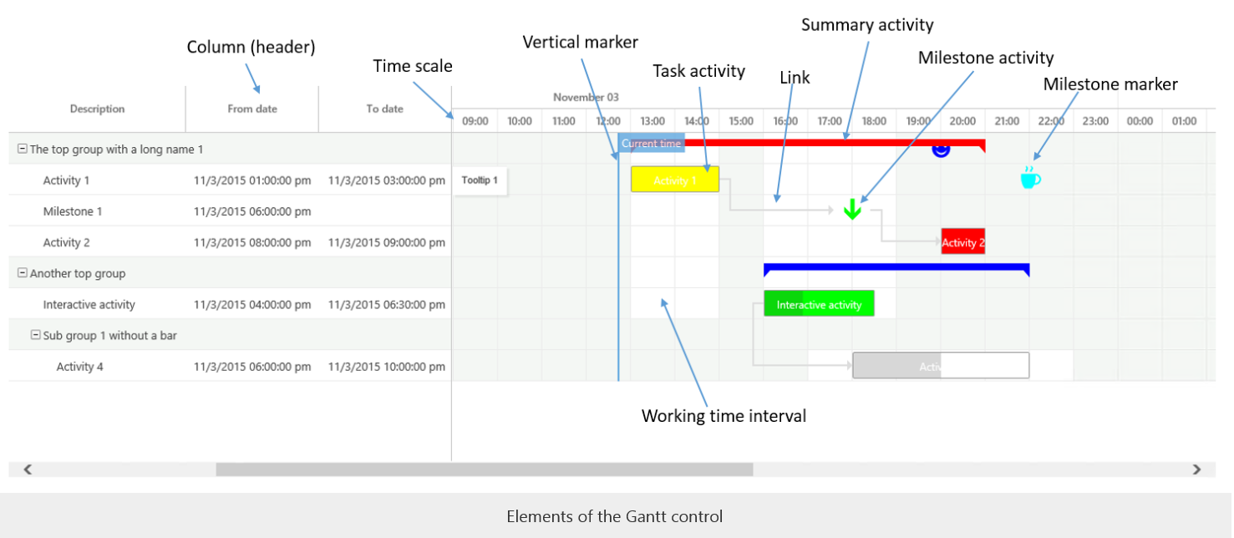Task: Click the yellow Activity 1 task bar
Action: pos(674,180)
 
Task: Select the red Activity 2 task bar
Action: pos(962,241)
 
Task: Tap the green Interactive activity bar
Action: pos(818,304)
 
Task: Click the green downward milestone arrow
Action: pos(851,210)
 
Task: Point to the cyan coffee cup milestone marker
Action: pos(1030,177)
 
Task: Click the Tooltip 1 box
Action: pos(480,180)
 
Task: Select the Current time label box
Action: pos(651,143)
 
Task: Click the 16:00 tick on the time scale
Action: pos(785,121)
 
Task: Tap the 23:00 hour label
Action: pos(1095,121)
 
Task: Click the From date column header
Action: pos(251,109)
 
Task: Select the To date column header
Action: pos(384,109)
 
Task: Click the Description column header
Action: pos(97,109)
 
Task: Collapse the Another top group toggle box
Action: pos(23,273)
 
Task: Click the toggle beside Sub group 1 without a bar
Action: pos(36,335)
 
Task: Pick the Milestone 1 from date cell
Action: pos(251,211)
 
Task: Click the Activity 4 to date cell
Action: pos(386,366)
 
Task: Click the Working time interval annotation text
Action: pos(724,415)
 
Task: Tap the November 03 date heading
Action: pos(586,98)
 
